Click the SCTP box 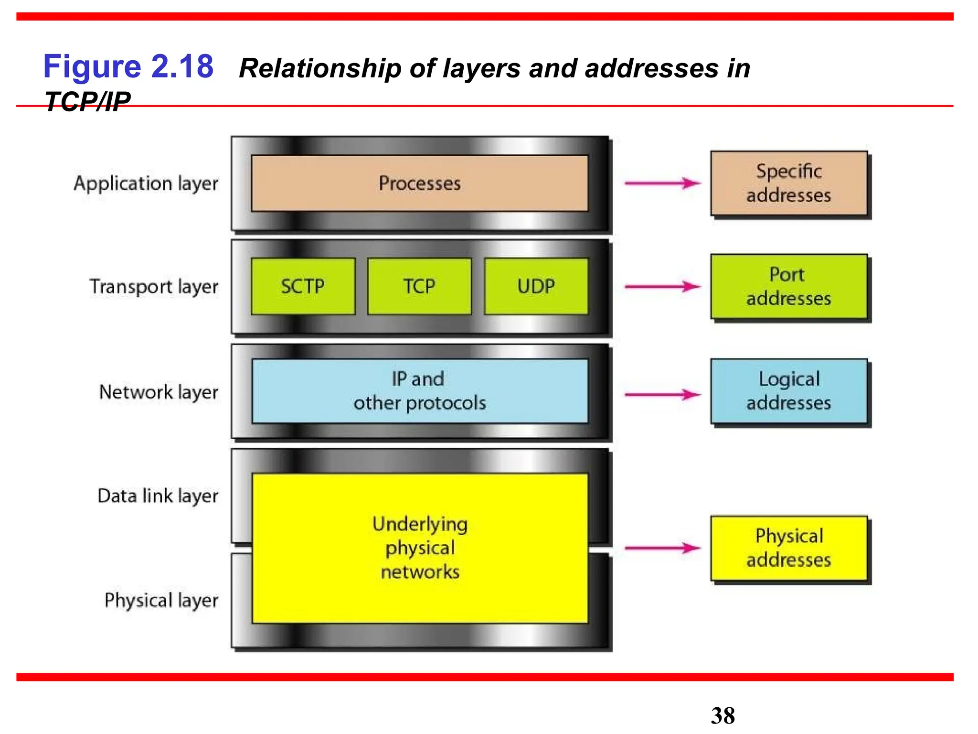(303, 286)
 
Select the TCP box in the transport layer (419, 286)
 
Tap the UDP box (536, 286)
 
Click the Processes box (419, 183)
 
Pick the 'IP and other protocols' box (419, 391)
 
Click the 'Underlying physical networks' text (420, 548)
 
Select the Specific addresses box (788, 183)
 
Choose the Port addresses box (788, 286)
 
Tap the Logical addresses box (788, 391)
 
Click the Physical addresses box (788, 548)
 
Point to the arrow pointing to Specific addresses (662, 183)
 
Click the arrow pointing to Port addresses (662, 287)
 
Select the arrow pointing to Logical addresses (662, 395)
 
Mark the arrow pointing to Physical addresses (662, 548)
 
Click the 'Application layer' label (146, 183)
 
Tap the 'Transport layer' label (154, 287)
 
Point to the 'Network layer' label (159, 392)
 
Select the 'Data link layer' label (158, 496)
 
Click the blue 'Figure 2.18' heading (128, 66)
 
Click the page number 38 (723, 716)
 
